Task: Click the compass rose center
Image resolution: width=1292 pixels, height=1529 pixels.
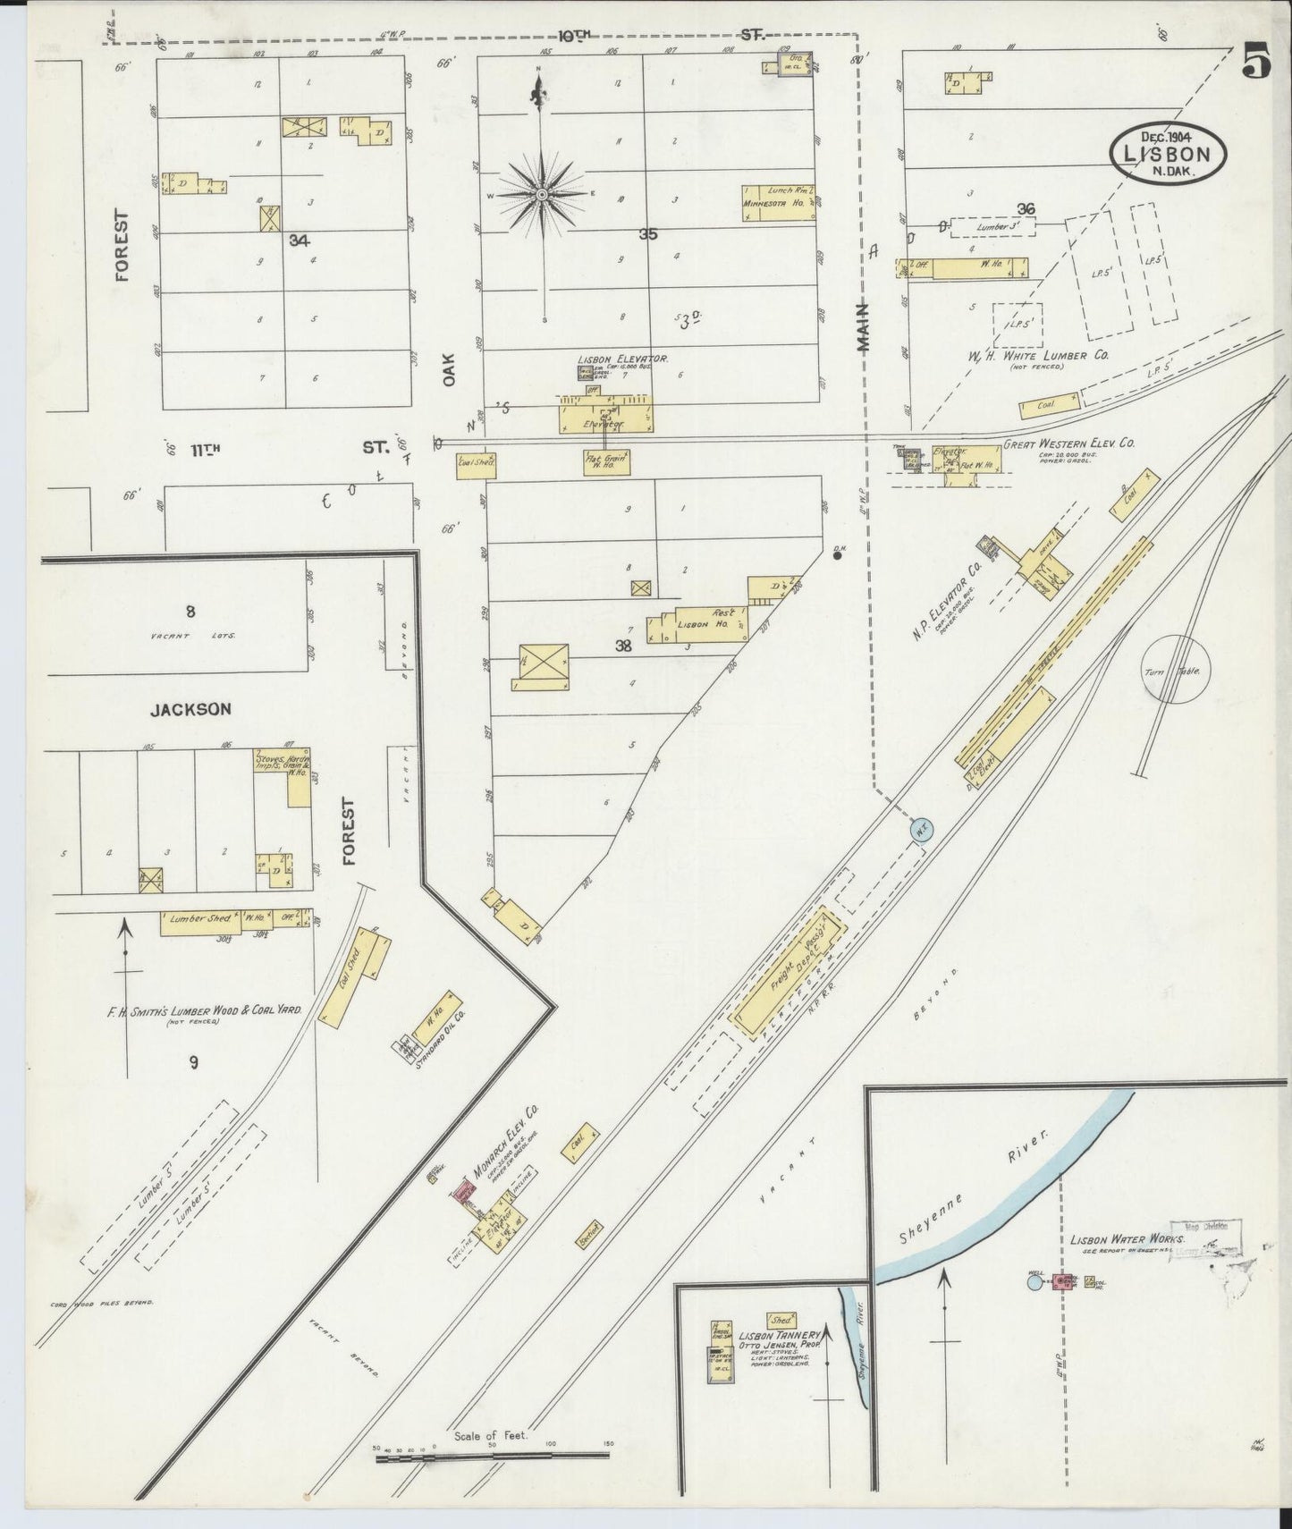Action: coord(542,194)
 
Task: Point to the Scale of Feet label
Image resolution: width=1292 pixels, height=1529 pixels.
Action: coord(491,1435)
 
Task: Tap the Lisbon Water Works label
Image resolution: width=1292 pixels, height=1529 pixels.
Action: coord(1127,1240)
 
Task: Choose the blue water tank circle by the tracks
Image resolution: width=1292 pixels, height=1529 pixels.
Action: coord(922,828)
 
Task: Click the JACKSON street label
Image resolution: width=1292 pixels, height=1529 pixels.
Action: coord(190,709)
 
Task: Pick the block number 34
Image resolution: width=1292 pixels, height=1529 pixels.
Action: coord(299,240)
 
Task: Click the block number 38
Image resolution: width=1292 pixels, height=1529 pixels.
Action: coord(623,645)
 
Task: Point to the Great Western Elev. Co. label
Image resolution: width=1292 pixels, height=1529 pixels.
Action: coord(1068,443)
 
